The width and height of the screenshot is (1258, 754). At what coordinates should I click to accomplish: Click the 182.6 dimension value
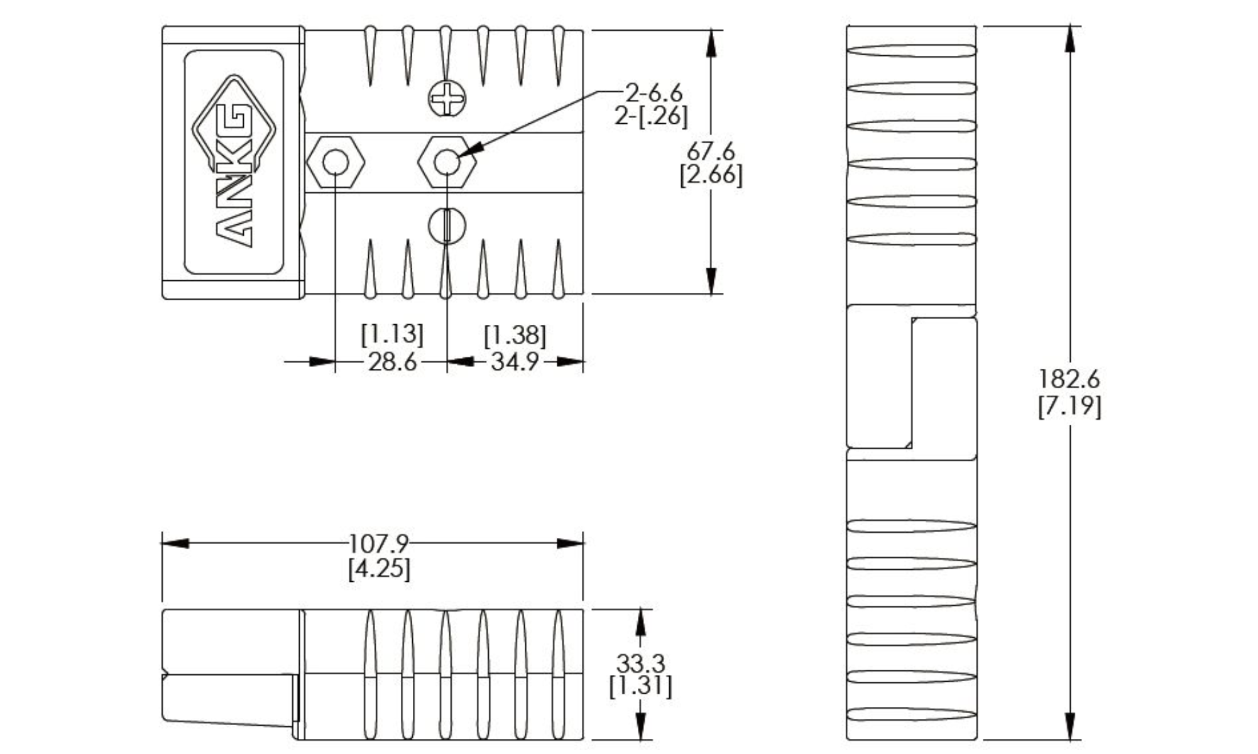point(1069,380)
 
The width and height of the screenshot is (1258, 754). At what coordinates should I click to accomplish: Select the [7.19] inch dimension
point(1069,407)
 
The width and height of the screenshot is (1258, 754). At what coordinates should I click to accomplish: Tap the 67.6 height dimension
point(711,151)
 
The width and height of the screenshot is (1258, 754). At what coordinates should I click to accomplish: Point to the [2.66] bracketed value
point(711,175)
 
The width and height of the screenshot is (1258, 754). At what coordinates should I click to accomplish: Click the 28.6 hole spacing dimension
point(392,363)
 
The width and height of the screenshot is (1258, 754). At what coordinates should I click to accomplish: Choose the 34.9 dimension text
point(515,363)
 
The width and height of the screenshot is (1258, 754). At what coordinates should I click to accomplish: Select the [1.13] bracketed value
point(392,334)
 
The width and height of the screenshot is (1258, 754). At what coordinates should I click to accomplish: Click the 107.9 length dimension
point(378,543)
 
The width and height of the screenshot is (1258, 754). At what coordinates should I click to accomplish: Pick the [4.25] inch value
point(379,569)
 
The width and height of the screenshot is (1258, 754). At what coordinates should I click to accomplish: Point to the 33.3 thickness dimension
point(640,663)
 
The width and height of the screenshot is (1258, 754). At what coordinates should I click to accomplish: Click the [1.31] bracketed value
point(640,686)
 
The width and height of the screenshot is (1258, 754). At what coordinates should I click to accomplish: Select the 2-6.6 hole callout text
point(654,94)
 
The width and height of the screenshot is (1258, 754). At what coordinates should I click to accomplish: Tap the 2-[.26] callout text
point(651,116)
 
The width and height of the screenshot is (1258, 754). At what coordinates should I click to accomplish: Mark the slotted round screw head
point(447,226)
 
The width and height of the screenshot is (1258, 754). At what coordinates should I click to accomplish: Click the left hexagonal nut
point(336,162)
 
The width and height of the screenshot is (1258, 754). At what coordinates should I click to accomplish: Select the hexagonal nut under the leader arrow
point(447,162)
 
